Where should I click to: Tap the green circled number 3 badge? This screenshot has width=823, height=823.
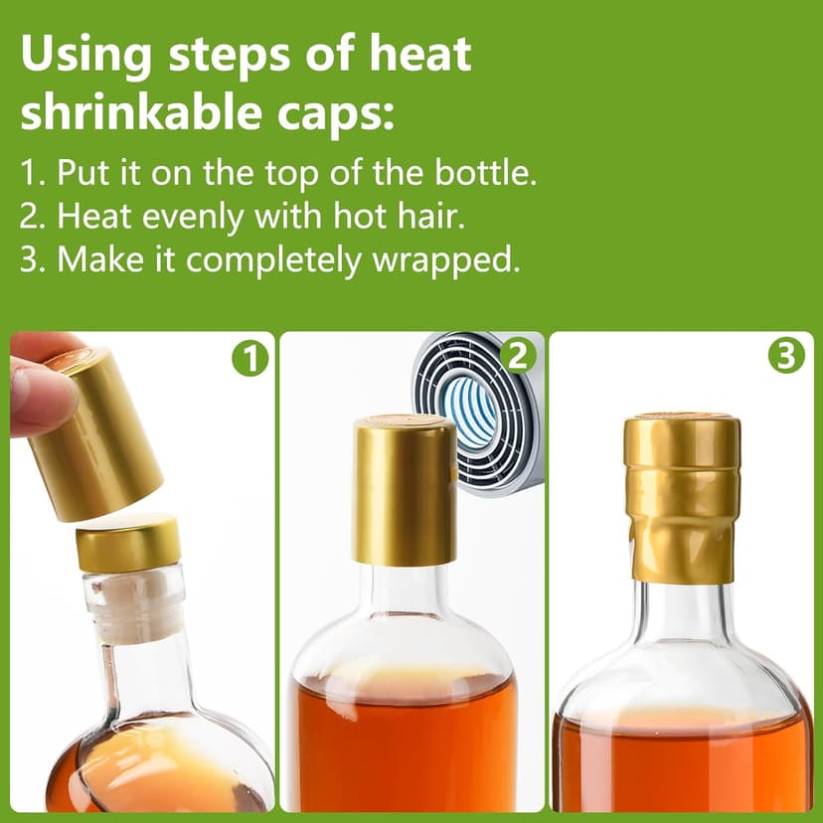point(786,356)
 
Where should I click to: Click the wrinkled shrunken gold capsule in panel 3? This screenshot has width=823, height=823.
point(682,497)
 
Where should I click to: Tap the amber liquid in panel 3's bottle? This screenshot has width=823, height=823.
point(682,760)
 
